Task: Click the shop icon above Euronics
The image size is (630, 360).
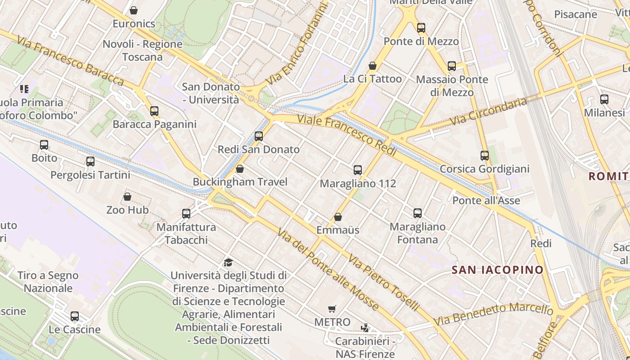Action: [x=134, y=10]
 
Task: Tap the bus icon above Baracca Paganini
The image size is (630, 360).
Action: [x=154, y=111]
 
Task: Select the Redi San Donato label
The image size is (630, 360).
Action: [x=258, y=149]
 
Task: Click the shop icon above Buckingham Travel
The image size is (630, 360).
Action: [x=240, y=169]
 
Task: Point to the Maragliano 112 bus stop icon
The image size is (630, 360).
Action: [x=358, y=170]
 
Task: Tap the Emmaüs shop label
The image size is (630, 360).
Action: [x=337, y=230]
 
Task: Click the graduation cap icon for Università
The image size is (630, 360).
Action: [x=229, y=262]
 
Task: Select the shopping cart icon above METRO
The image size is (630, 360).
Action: [x=332, y=309]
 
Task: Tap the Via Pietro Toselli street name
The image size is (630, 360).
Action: [x=384, y=282]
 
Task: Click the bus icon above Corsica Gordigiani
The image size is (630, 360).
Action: [x=485, y=156]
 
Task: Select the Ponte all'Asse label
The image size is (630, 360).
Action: [x=486, y=201]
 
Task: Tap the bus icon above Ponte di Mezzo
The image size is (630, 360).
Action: [x=421, y=28]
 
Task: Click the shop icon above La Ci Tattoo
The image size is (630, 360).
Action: [x=373, y=66]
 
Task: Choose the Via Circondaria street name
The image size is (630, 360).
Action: [x=488, y=112]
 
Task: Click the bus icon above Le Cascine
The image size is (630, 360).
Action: [x=75, y=316]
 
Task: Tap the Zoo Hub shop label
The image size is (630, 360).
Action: [x=127, y=210]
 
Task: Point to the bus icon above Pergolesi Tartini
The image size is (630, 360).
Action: [x=90, y=162]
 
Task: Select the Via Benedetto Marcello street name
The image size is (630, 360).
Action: [x=493, y=314]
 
